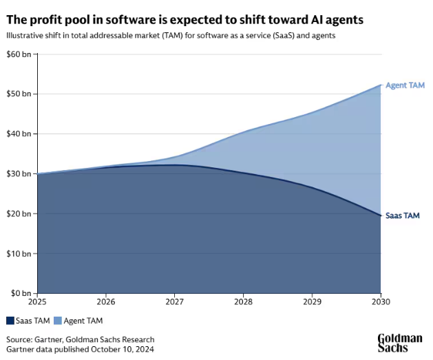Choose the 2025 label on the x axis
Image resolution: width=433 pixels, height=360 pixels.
37,302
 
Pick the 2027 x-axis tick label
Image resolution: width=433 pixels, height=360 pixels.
175,302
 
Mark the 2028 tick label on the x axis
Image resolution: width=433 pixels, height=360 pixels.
243,302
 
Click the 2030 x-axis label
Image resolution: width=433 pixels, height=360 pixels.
380,302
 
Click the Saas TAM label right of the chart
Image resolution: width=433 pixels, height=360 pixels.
403,215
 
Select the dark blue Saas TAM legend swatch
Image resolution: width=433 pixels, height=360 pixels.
10,320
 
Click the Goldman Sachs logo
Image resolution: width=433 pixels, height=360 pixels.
399,342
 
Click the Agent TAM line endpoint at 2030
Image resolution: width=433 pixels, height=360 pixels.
380,85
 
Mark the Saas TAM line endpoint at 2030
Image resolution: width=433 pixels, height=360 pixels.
380,215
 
